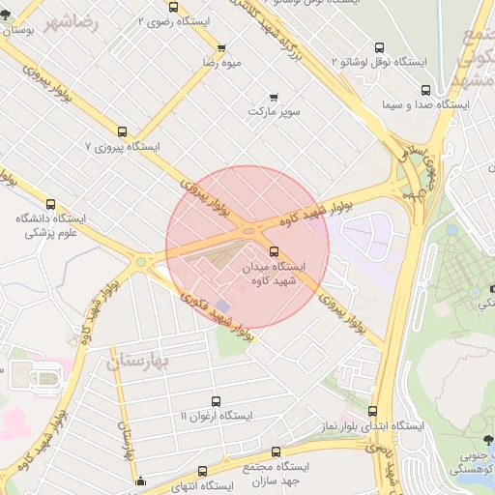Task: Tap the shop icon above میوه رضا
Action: coord(221,47)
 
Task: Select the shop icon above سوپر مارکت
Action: coord(276,97)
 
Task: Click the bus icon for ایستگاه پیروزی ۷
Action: coord(122,131)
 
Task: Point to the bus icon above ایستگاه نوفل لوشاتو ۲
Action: coord(379,47)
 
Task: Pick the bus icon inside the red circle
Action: coord(274,250)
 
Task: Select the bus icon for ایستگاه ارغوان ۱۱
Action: coord(216,400)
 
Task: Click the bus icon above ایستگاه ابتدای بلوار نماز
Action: coord(373,411)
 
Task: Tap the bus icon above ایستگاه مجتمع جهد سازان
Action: coord(277,451)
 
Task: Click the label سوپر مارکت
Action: coord(276,112)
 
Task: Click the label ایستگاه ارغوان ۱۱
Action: coord(216,416)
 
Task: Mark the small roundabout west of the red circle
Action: coord(143,261)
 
